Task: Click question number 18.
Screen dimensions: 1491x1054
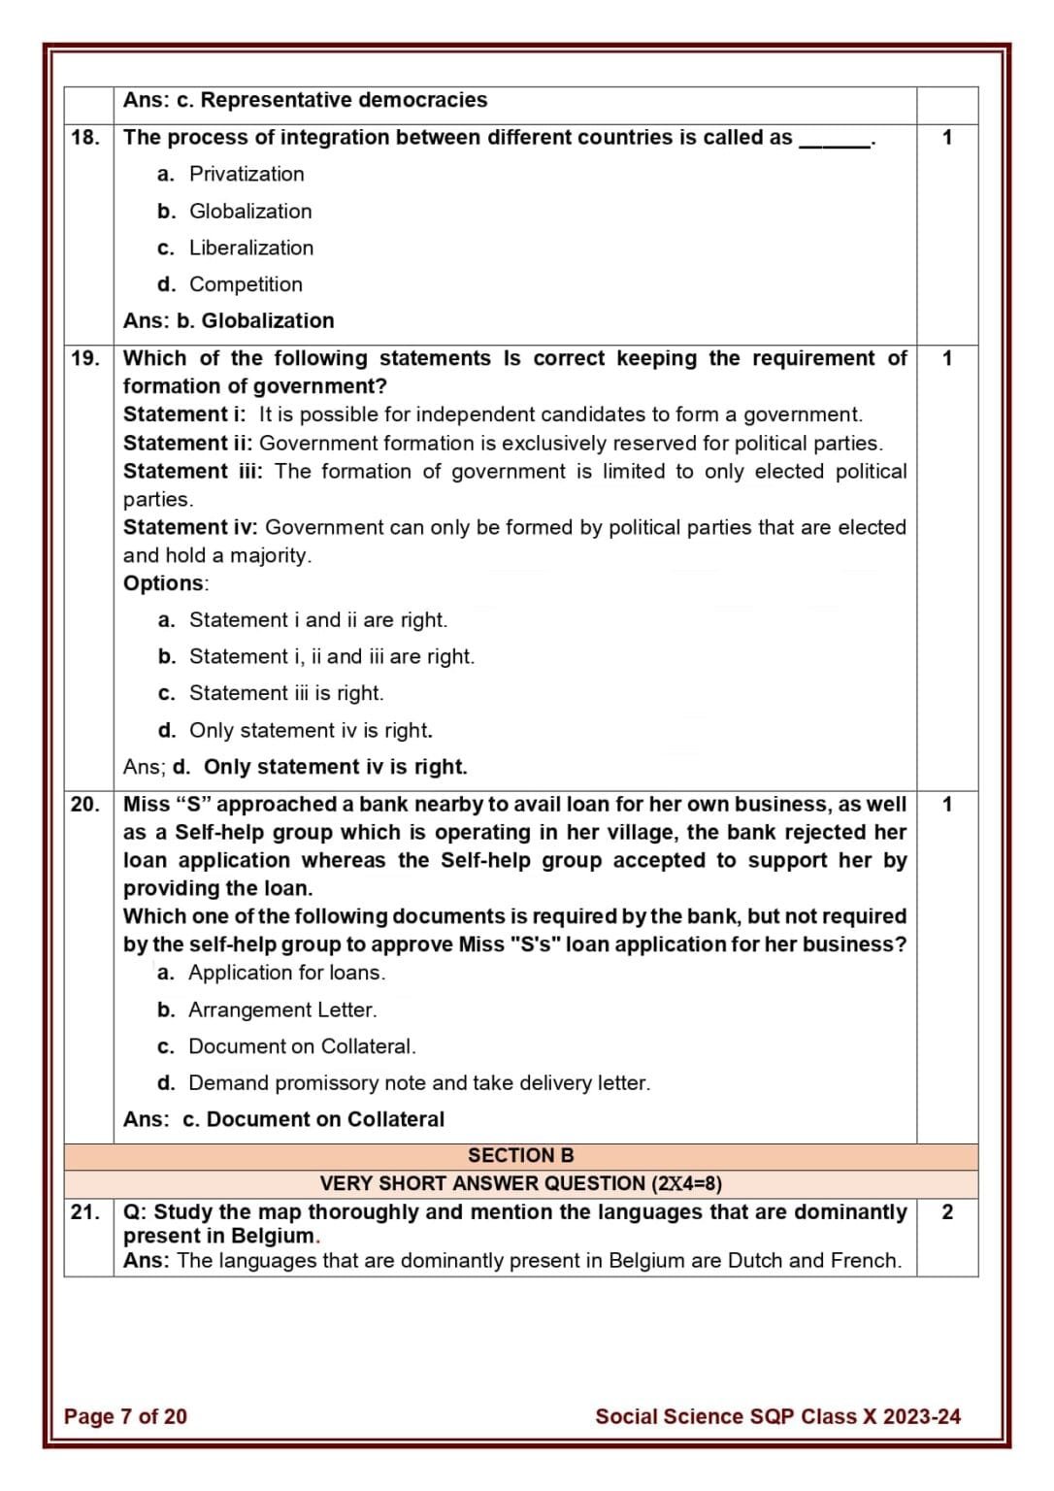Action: pyautogui.click(x=85, y=138)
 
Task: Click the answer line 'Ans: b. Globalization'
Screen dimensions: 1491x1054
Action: pyautogui.click(x=228, y=321)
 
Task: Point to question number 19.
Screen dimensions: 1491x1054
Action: pyautogui.click(x=85, y=358)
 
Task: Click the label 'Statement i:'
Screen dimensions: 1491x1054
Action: pyautogui.click(x=184, y=414)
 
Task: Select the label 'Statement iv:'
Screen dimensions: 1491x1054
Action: pyautogui.click(x=190, y=527)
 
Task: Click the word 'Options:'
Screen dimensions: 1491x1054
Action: pyautogui.click(x=166, y=583)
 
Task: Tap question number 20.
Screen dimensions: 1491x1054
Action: pyautogui.click(x=85, y=805)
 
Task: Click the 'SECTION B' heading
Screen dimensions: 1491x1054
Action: pyautogui.click(x=520, y=1155)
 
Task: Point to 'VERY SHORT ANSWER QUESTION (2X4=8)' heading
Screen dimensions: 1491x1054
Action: pyautogui.click(x=520, y=1183)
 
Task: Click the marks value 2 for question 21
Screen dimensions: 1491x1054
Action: pyautogui.click(x=947, y=1212)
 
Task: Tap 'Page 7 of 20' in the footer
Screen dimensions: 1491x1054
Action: pyautogui.click(x=125, y=1416)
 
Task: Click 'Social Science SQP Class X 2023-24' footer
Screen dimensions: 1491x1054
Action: pyautogui.click(x=777, y=1416)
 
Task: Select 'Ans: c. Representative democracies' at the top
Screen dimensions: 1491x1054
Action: pyautogui.click(x=305, y=101)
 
